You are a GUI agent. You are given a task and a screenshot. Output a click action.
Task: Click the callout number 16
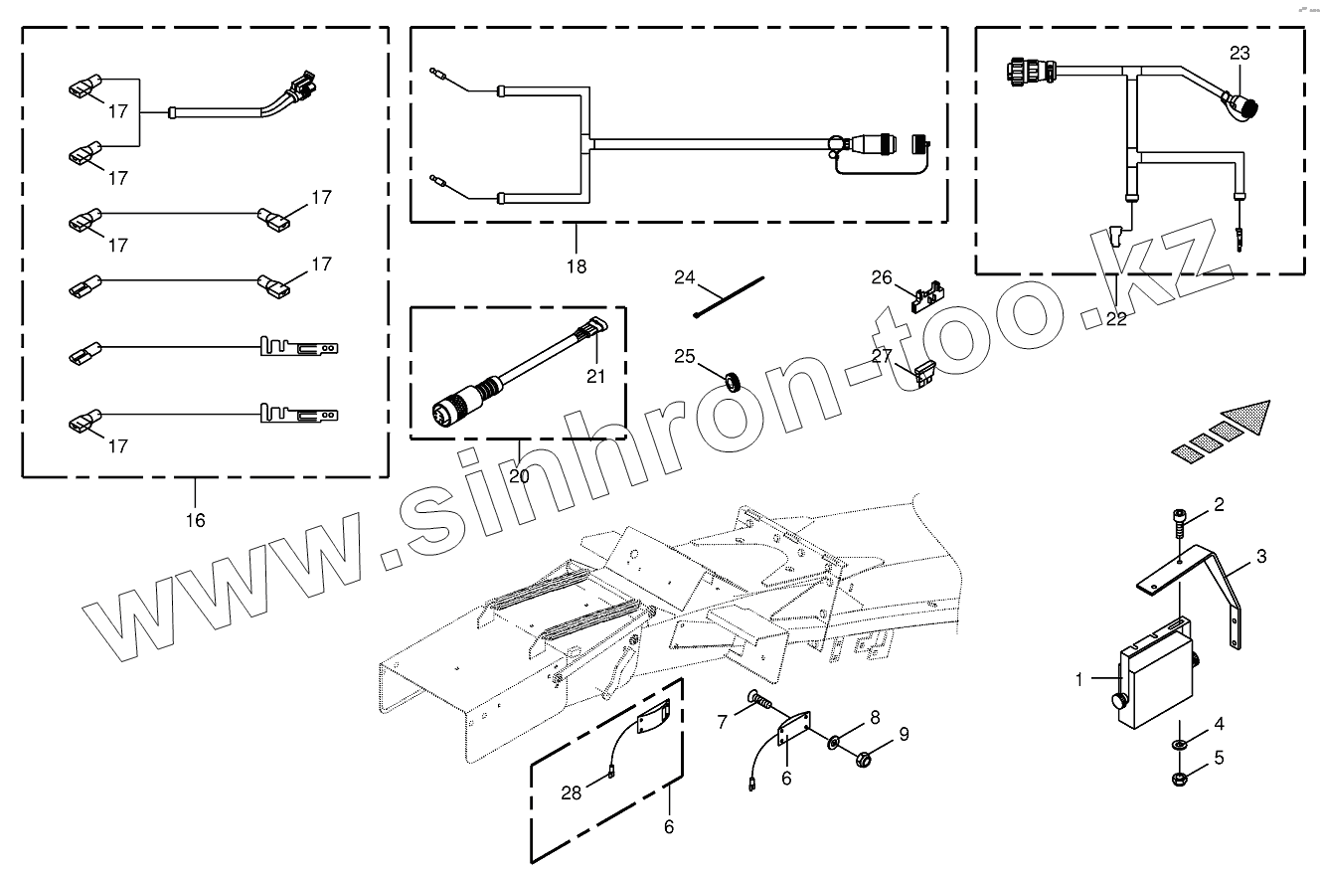195,520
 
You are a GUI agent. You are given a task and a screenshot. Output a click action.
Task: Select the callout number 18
577,265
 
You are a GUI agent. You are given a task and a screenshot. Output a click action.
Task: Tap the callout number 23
1239,53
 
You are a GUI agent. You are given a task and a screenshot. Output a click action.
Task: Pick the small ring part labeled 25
733,379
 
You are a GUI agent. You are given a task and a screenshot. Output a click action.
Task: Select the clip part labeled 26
925,294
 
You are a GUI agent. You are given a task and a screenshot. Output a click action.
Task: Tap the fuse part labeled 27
924,373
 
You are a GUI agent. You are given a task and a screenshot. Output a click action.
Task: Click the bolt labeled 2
1178,519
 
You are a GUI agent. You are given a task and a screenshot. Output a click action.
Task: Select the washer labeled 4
1180,744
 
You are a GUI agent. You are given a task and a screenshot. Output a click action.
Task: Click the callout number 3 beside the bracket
1260,557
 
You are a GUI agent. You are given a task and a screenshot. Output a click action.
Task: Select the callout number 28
571,792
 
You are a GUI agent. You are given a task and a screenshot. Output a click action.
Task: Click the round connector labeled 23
1241,101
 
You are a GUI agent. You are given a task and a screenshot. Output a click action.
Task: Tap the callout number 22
1117,318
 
